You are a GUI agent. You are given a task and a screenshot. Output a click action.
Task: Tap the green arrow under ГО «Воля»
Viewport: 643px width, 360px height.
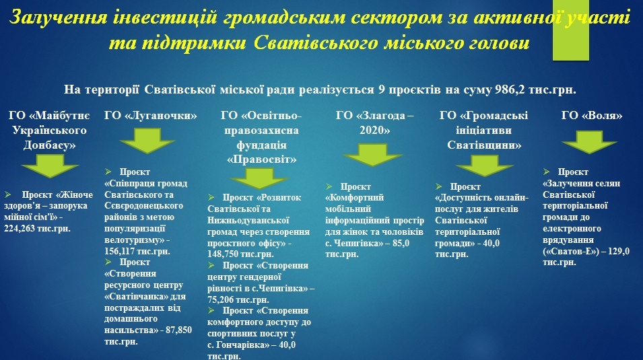point(589,142)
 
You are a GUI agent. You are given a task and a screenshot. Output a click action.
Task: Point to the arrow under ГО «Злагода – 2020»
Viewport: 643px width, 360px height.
point(373,155)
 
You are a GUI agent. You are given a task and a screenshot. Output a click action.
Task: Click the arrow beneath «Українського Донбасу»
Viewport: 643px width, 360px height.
point(50,166)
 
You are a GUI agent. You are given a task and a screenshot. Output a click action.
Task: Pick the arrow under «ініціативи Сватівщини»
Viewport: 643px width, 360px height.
point(484,166)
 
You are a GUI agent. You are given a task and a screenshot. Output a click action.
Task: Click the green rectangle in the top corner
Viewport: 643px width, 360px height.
point(571,30)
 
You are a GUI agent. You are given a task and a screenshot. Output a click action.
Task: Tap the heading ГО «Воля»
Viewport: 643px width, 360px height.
point(591,116)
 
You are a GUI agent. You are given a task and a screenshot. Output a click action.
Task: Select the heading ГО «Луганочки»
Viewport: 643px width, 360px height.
point(151,116)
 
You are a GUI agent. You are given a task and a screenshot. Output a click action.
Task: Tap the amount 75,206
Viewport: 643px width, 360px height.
point(221,299)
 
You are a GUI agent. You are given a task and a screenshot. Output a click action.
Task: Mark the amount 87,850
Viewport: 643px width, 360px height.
point(179,330)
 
